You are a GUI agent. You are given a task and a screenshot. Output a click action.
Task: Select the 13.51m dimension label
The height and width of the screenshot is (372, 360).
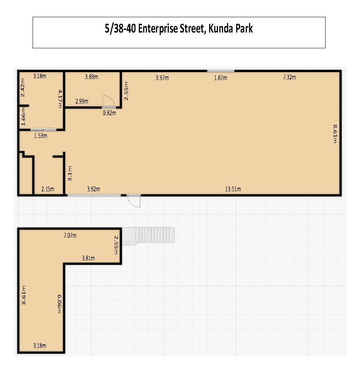coord(233,189)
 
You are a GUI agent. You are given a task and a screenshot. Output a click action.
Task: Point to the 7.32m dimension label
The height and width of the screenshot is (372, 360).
coord(289,77)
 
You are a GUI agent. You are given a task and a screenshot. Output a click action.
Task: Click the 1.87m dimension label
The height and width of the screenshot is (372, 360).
coord(220,78)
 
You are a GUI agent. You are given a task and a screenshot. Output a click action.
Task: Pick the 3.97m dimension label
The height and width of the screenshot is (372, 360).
coord(162,78)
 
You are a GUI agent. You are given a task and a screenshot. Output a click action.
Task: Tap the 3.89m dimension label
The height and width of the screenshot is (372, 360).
coord(92,77)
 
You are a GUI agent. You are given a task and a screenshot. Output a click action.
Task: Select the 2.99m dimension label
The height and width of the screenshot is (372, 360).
coord(82,101)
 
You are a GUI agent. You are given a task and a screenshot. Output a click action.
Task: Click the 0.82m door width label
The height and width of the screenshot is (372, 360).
coord(110,113)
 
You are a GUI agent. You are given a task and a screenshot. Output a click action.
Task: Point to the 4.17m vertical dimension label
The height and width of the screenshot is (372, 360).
coord(60,99)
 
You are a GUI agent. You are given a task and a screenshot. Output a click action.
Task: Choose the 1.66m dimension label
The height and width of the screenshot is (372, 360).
coord(23,116)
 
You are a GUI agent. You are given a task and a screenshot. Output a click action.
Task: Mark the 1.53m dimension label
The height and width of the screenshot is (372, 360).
coord(41,136)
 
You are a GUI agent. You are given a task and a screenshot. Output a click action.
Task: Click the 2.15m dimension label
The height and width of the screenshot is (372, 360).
coord(48,189)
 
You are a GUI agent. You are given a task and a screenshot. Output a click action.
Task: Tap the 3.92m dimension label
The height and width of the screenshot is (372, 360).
coord(93,189)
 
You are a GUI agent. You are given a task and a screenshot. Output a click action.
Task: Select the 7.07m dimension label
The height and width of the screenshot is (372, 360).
coord(70,236)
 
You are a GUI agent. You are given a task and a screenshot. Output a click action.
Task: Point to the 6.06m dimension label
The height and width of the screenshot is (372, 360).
coord(59,304)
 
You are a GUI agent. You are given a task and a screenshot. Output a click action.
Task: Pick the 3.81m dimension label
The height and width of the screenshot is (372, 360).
coord(88,258)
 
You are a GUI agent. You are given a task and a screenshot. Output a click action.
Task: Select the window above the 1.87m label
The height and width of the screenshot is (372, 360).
coord(220,71)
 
